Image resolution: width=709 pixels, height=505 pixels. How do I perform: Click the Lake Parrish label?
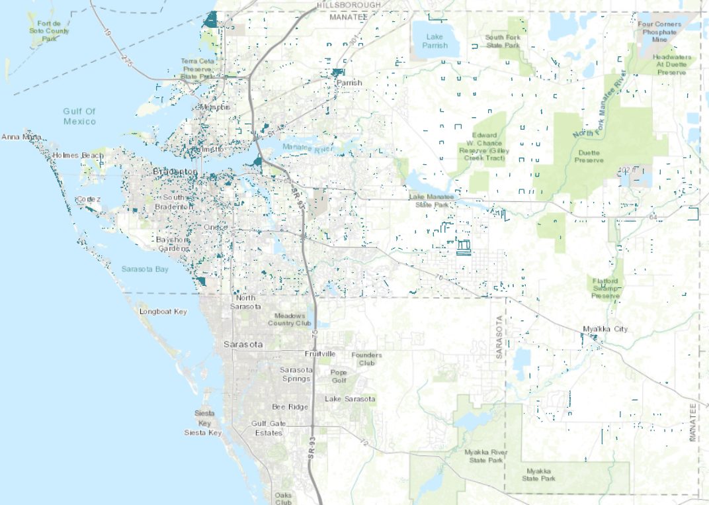(x=435, y=41)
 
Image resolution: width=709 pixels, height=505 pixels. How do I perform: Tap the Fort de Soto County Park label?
(x=49, y=31)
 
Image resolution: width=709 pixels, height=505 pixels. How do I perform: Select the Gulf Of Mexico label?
(x=79, y=116)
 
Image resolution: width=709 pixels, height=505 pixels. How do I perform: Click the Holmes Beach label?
(x=79, y=156)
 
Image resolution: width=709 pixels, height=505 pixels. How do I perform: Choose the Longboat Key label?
(x=163, y=311)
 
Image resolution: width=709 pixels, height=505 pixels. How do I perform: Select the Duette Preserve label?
(x=588, y=156)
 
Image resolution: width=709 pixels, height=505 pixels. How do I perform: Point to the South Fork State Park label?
(x=504, y=42)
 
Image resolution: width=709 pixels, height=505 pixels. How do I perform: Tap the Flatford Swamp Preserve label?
(x=605, y=288)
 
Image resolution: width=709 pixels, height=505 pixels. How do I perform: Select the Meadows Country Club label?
(x=289, y=319)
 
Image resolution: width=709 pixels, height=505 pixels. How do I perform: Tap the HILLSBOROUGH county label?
(x=349, y=5)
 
